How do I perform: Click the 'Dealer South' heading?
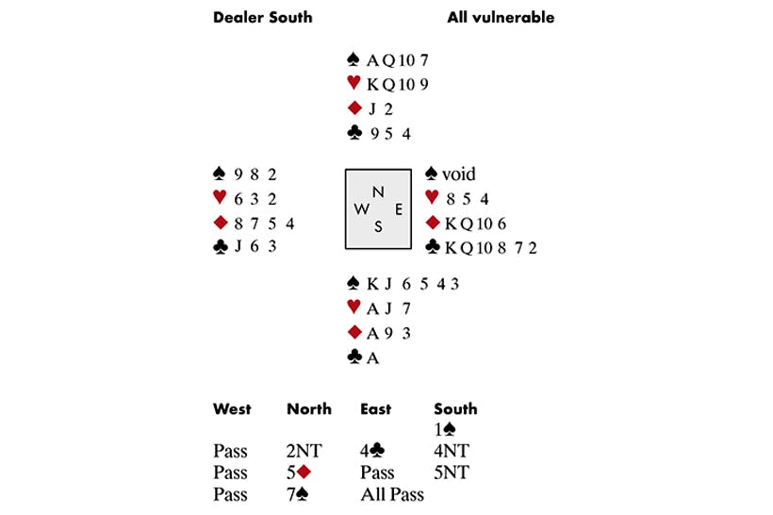[262, 17]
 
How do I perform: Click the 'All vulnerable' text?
[501, 17]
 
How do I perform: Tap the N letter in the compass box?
[378, 191]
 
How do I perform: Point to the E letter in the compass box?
[398, 209]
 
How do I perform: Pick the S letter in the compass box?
[378, 226]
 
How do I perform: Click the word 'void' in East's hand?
[459, 174]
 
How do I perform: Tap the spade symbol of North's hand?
[354, 59]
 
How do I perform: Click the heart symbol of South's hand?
[354, 307]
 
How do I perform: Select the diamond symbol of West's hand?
[220, 224]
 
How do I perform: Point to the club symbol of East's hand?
[433, 248]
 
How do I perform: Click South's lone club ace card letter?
[371, 357]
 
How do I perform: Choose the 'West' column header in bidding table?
[232, 409]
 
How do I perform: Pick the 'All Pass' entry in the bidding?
[391, 494]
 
